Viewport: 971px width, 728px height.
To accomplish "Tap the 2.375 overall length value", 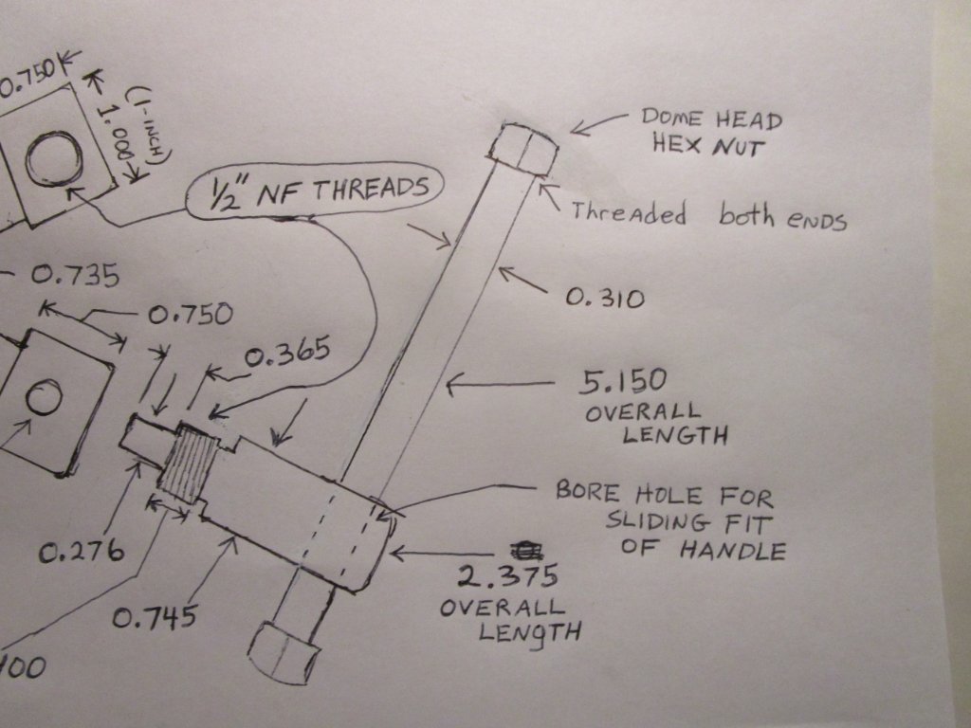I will coord(506,575).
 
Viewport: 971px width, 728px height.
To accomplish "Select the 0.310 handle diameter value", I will coord(605,299).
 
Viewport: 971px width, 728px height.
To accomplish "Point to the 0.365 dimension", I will coord(287,355).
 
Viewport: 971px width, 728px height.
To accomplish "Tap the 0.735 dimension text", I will coord(75,276).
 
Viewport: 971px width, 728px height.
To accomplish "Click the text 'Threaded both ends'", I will coord(707,215).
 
